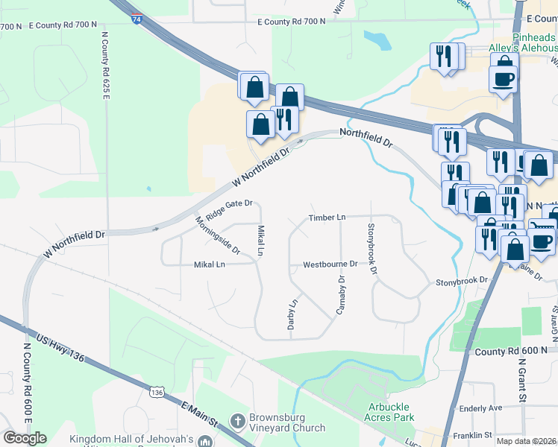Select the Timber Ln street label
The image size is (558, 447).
327,218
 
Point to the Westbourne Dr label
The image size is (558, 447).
330,264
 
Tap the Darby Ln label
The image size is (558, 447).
293,314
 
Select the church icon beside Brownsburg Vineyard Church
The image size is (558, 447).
238,421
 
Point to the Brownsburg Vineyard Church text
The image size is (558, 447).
289,422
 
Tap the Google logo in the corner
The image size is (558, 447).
25,437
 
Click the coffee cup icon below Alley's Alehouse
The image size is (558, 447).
503,79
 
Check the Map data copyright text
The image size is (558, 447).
527,441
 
